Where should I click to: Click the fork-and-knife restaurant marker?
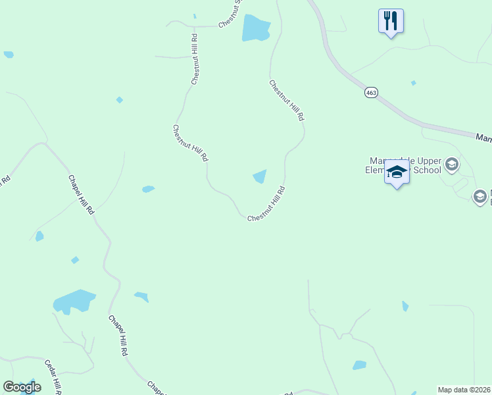click(391, 20)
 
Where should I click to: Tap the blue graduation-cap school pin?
click(397, 173)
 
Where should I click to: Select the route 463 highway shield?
click(371, 93)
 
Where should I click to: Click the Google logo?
click(22, 387)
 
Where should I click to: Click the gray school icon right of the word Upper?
click(452, 163)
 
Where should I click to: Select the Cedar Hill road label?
click(53, 377)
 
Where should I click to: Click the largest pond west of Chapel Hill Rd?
click(74, 302)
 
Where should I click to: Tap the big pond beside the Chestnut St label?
click(255, 28)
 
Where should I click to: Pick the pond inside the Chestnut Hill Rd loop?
click(260, 176)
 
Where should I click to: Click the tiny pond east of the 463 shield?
click(413, 83)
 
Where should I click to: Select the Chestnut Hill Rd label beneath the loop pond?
click(266, 203)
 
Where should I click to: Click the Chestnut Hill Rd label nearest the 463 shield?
click(287, 100)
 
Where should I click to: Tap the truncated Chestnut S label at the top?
click(231, 13)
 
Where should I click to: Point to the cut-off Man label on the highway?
click(483, 137)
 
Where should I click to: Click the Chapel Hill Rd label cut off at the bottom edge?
click(156, 388)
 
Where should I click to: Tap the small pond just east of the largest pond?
click(141, 296)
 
